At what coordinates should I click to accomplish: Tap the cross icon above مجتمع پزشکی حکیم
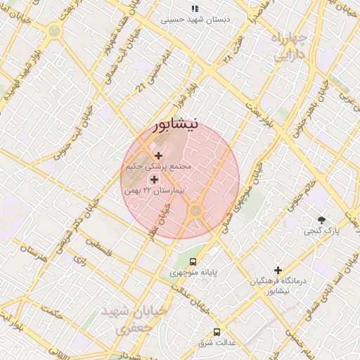tap(158, 155)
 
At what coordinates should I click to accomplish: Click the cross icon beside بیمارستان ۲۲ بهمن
tap(154, 180)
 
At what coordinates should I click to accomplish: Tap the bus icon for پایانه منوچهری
tap(174, 262)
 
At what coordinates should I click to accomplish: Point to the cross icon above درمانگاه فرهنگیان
tap(278, 270)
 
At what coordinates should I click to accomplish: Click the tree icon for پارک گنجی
tap(322, 220)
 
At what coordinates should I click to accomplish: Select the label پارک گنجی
tap(322, 231)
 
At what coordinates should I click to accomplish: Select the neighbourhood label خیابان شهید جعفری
tap(134, 318)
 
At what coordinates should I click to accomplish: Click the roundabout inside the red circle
tap(195, 210)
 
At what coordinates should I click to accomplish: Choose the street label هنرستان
tap(32, 256)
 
